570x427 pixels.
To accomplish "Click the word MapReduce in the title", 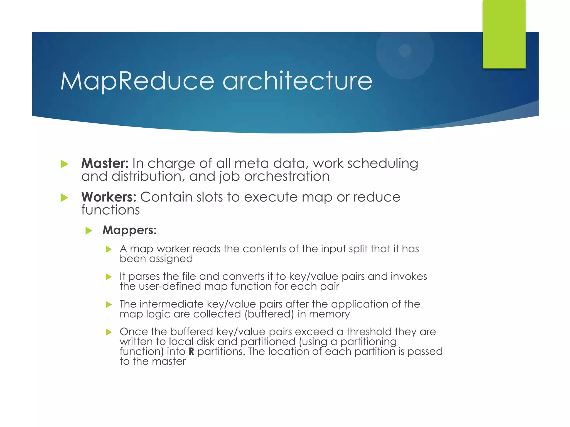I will pos(137,81).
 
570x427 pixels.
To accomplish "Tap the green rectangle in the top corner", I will pos(504,34).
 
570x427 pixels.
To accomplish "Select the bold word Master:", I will pos(105,163).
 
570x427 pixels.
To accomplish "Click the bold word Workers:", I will pos(109,197).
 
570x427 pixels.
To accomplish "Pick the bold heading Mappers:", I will pos(129,230).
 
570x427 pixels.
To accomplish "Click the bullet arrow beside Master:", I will pos(64,164).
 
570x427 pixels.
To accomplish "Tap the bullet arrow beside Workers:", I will pos(64,198).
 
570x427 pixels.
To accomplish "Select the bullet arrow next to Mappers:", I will pos(89,230).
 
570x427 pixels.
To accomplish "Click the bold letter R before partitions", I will pos(191,352).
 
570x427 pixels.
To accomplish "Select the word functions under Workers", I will pos(110,210).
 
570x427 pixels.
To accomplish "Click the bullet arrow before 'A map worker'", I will pos(109,249).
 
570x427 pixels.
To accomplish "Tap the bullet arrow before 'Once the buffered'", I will pos(109,332).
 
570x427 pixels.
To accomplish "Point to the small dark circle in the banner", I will pos(405,50).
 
